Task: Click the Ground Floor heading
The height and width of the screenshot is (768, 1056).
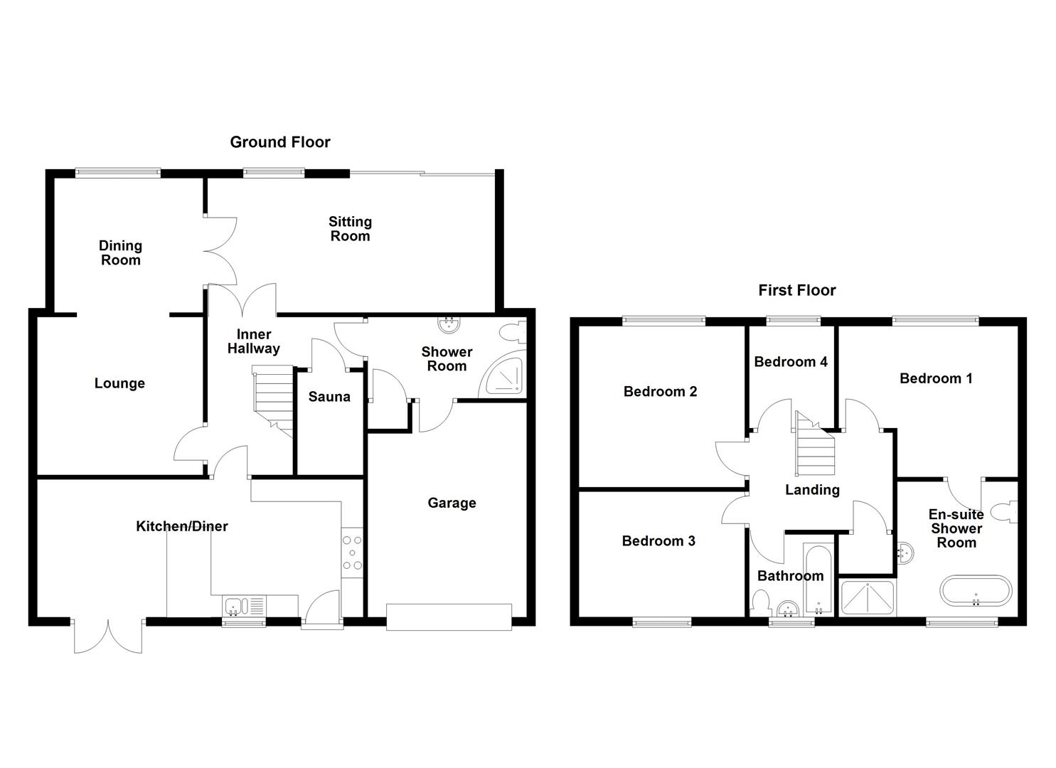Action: [280, 142]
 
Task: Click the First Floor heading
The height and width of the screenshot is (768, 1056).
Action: [796, 290]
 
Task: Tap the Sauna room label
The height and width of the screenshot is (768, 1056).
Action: [329, 397]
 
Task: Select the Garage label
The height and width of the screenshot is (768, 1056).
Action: [452, 503]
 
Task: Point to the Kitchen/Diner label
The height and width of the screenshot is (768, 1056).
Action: [182, 526]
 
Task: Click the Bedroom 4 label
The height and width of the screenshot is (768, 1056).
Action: [791, 362]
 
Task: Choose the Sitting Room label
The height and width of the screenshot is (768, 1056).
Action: [350, 229]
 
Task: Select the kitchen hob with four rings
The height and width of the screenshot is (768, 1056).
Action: [353, 552]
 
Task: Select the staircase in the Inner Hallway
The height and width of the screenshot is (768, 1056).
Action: [274, 398]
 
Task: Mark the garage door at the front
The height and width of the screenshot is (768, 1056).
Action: [449, 617]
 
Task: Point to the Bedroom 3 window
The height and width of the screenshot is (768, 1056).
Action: [662, 622]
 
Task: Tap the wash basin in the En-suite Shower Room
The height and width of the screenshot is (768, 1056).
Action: [905, 553]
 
